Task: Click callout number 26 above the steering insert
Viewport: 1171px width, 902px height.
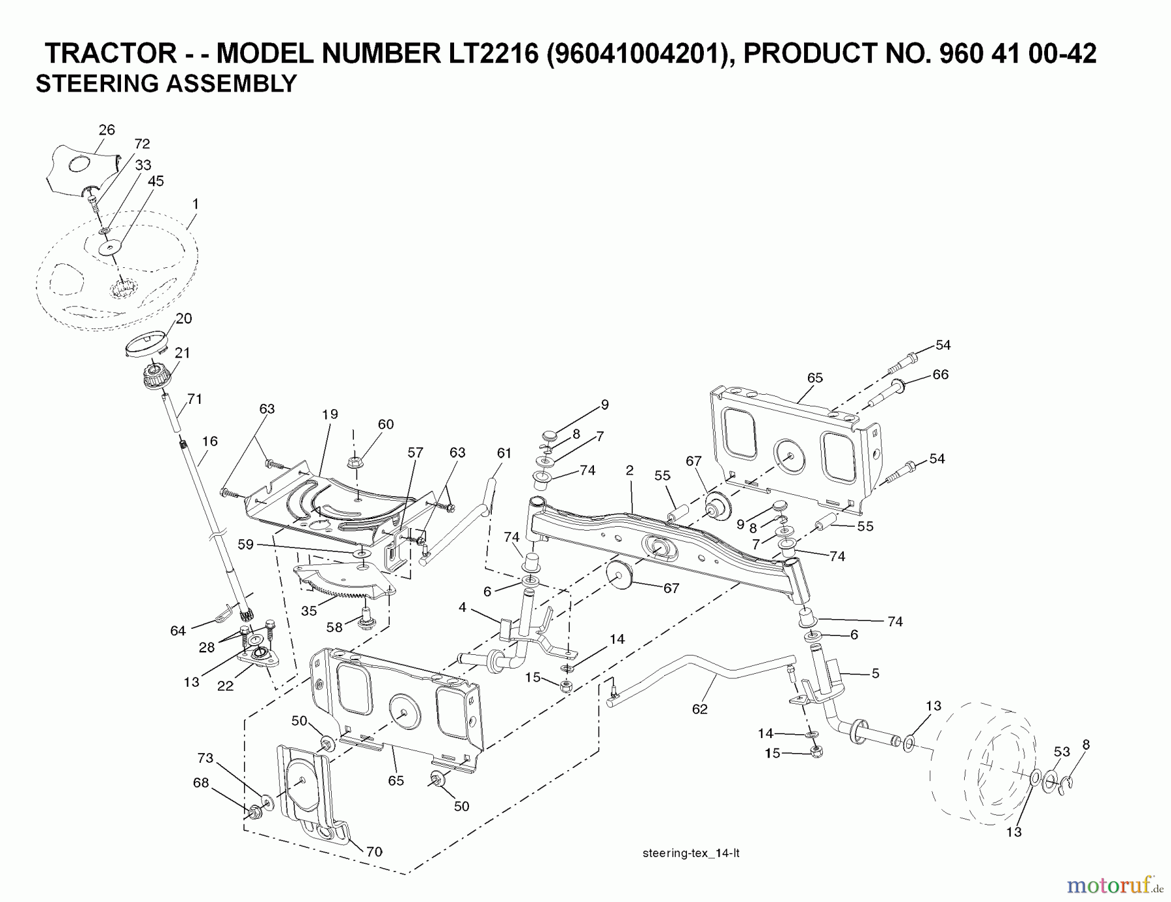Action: pos(107,130)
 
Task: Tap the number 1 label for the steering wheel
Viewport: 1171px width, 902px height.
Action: pos(195,204)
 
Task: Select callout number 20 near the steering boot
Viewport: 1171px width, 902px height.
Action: pos(183,319)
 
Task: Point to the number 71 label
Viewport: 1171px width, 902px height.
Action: pos(195,399)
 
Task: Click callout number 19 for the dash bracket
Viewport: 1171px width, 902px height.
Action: pos(330,414)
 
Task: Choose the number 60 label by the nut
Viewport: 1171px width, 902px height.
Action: pos(386,425)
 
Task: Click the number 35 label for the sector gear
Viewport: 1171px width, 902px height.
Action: pos(309,611)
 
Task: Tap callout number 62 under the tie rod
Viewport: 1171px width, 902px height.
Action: pos(699,710)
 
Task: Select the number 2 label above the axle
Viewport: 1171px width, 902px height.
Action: pos(630,470)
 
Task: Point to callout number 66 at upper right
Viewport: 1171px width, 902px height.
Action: pos(940,375)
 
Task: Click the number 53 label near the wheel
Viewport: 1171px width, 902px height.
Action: pos(1062,752)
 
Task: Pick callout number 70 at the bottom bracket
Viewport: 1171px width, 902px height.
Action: pos(374,851)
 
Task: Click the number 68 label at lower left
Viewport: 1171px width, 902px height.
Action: pos(201,783)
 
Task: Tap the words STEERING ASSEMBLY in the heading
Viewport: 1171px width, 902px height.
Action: pos(166,84)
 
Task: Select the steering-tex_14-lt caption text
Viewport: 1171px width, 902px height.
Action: pos(690,854)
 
